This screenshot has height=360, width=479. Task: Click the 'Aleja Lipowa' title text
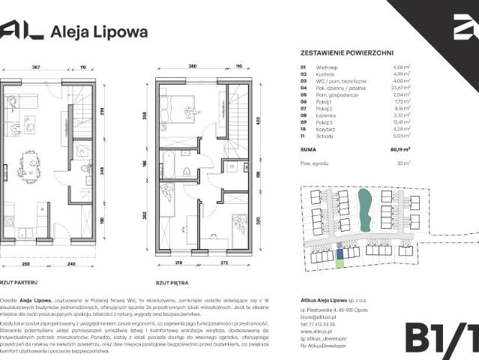tap(98, 31)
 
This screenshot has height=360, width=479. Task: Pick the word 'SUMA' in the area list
tap(308, 150)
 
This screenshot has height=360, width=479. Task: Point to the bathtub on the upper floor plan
tap(168, 166)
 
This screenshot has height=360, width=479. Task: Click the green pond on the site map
tap(365, 210)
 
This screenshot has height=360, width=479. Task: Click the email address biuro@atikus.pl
tap(319, 316)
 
